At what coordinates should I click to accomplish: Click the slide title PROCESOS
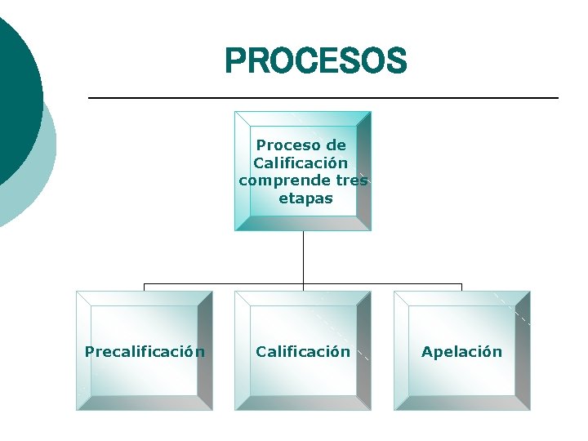[x=315, y=60]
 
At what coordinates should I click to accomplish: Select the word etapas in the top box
[x=305, y=198]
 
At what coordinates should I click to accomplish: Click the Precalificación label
[x=145, y=352]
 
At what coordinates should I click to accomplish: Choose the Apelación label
[x=461, y=352]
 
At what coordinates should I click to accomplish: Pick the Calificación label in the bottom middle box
[x=303, y=352]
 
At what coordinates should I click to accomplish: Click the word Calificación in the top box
[x=301, y=163]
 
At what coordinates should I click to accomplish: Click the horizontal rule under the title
[x=323, y=98]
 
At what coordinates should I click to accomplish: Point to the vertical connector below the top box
[x=303, y=257]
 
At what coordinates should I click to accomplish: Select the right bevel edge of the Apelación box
[x=522, y=351]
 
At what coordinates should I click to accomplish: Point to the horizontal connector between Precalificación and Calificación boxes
[x=224, y=285]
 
